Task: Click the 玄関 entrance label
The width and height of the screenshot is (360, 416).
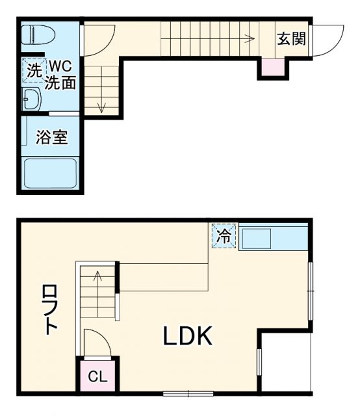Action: [291, 38]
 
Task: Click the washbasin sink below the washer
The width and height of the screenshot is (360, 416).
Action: [31, 99]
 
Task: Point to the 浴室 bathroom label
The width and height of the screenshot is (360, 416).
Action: [51, 138]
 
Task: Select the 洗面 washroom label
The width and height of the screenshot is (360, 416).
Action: [60, 83]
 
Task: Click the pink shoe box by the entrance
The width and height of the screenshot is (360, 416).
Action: [273, 66]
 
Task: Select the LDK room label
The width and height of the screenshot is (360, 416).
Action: [187, 337]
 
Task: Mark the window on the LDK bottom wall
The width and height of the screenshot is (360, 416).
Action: [188, 393]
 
